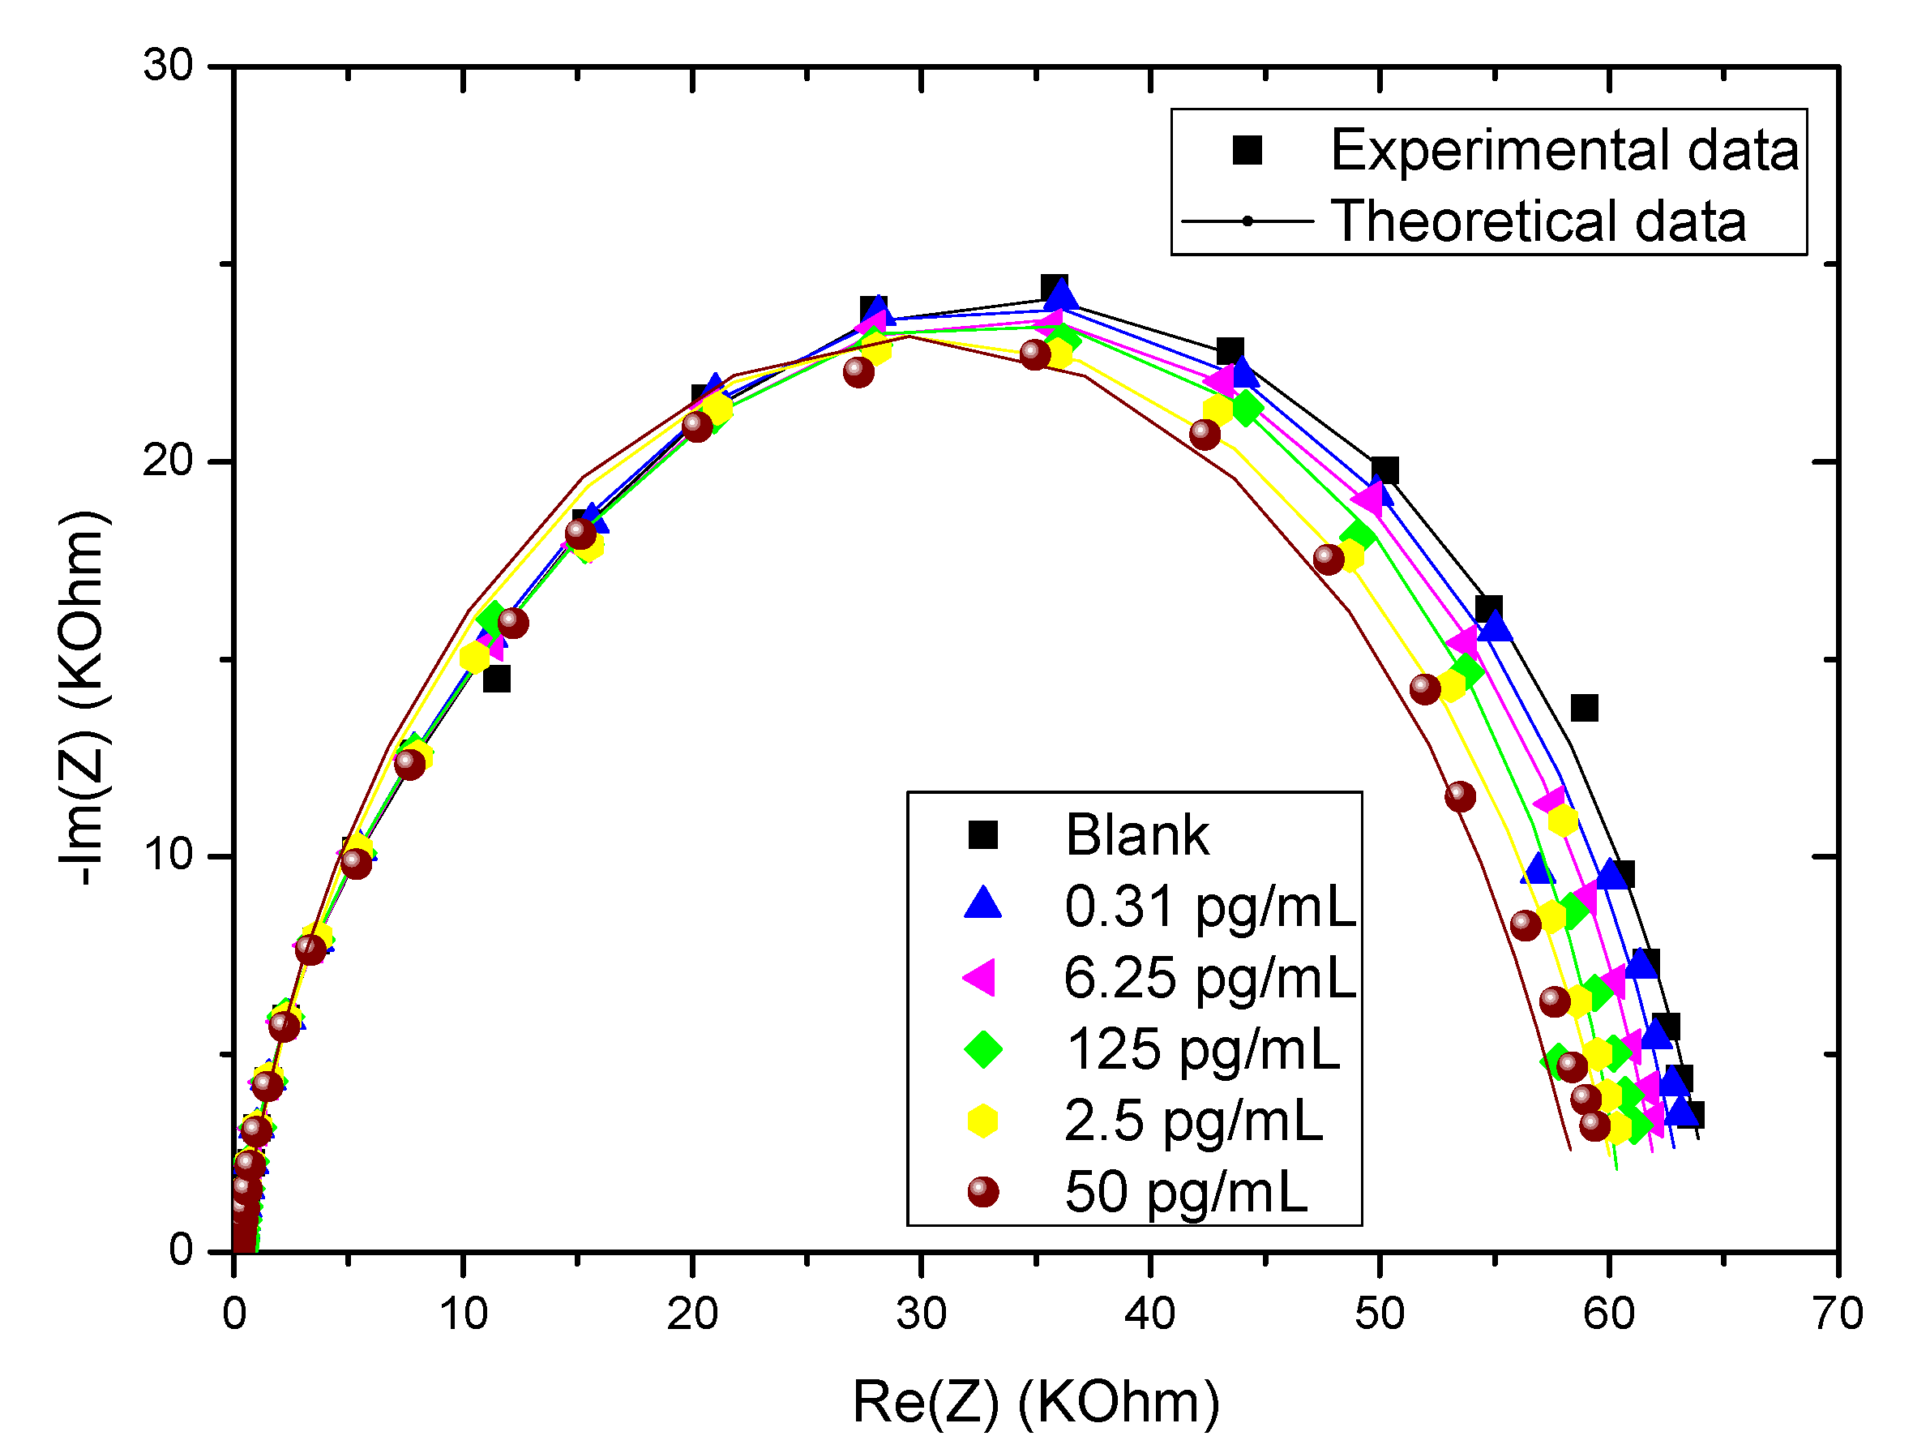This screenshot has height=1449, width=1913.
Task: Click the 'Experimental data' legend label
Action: tap(1564, 150)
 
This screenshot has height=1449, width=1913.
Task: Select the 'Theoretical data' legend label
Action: tap(1538, 221)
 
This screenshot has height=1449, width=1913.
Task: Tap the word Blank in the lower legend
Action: tap(1136, 836)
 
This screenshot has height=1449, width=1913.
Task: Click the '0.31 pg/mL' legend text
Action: tap(1210, 907)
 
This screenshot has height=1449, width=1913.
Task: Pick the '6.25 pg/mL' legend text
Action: tap(1210, 979)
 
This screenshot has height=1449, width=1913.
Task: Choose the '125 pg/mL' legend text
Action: tap(1203, 1050)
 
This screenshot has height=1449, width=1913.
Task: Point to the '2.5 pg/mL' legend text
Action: tap(1193, 1121)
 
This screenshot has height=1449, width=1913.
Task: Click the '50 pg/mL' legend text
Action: tap(1186, 1192)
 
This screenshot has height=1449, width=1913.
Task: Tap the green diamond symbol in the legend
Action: tap(982, 1050)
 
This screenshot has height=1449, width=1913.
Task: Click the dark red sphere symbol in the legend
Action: tap(982, 1192)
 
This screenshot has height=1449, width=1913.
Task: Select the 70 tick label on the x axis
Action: tap(1838, 1314)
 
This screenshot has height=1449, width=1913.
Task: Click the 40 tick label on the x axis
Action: tap(1149, 1314)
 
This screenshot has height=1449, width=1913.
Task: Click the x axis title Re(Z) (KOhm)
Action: tap(1035, 1402)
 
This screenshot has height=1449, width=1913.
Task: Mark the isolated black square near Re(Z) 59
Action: tap(1585, 708)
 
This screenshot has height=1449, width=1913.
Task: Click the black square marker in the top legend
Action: tap(1247, 150)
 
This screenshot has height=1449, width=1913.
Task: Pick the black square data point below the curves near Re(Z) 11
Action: tap(496, 679)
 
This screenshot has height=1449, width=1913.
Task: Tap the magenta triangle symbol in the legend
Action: tap(981, 979)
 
